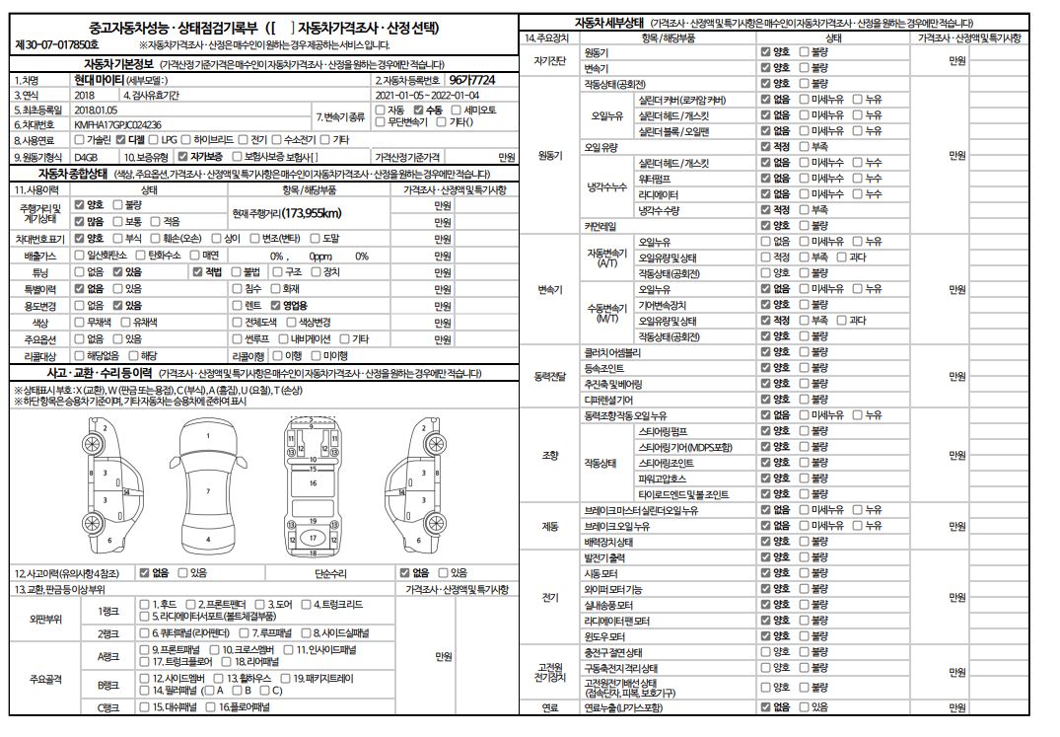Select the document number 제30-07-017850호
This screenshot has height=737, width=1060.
[x=56, y=45]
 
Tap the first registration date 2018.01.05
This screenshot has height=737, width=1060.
[x=96, y=110]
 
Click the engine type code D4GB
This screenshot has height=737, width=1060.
[x=86, y=156]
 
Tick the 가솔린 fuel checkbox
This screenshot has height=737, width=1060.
[x=80, y=140]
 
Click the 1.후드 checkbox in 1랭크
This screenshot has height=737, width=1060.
[x=145, y=604]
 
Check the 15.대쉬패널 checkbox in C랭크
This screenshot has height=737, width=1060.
[x=145, y=707]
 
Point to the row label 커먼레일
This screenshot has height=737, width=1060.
[x=601, y=226]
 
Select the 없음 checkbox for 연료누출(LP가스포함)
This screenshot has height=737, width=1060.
[x=765, y=707]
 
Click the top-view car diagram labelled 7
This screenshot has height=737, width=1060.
[x=207, y=490]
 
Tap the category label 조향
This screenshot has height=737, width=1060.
[x=549, y=456]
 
